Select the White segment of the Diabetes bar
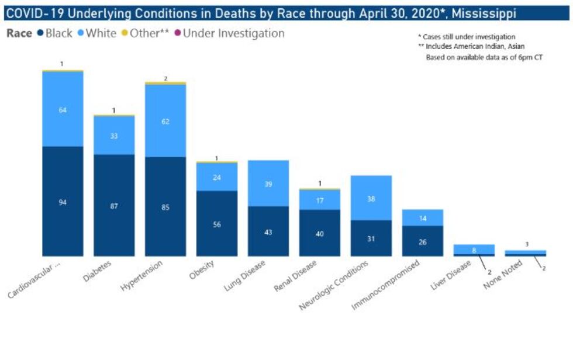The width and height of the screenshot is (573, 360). coord(114,135)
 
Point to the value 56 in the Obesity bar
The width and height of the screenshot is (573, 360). coord(217,224)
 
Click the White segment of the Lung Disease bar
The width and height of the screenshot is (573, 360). coord(268,184)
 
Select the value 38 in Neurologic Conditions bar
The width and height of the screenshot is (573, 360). coord(371,198)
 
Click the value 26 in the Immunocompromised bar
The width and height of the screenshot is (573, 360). coord(422,242)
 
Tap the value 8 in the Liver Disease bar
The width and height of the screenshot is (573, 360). coord(474,250)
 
